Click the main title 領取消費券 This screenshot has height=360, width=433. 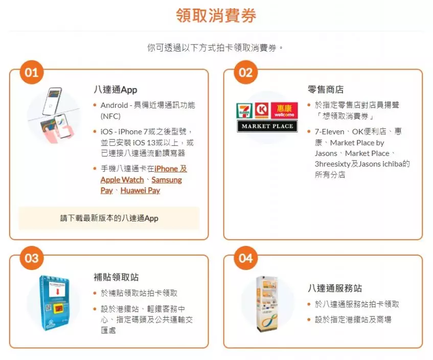(x=216, y=15)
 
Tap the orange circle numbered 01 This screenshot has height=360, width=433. (x=32, y=73)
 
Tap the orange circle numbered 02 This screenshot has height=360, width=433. (x=245, y=73)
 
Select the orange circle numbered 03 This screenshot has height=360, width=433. (x=32, y=258)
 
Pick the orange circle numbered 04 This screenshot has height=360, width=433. (x=245, y=258)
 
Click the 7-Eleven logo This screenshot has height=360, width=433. (x=244, y=110)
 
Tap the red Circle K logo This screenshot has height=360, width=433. (x=262, y=110)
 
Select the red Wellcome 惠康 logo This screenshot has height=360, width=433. (x=284, y=110)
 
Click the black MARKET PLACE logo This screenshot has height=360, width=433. (x=267, y=126)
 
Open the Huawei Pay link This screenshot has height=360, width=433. (x=140, y=190)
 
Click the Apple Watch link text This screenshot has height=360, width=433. (x=122, y=180)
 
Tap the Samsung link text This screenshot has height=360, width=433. (x=167, y=180)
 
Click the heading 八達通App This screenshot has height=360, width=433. (x=116, y=89)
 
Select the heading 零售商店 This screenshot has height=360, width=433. (x=326, y=89)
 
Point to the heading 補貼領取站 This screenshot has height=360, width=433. (x=116, y=277)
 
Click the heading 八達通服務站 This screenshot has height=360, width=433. (x=335, y=288)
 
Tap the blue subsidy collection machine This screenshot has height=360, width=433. (x=54, y=303)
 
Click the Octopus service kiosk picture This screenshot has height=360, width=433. (x=267, y=304)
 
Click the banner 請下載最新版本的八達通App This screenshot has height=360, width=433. (x=109, y=218)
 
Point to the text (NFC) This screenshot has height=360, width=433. (x=110, y=116)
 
